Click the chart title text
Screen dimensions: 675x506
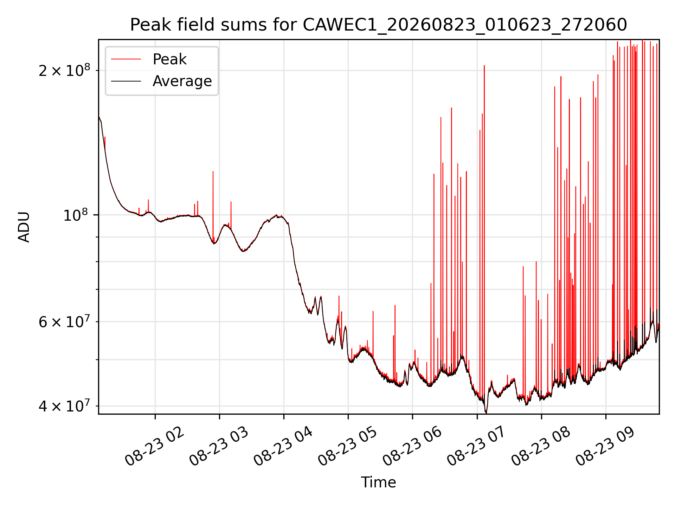pyautogui.click(x=379, y=25)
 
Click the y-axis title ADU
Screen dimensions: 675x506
pyautogui.click(x=24, y=227)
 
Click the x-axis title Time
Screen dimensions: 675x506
pyautogui.click(x=379, y=482)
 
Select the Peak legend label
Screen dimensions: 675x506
pyautogui.click(x=169, y=59)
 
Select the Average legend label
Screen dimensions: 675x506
pyautogui.click(x=182, y=81)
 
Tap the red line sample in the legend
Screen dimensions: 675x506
pyautogui.click(x=126, y=59)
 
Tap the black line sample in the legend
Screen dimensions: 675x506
pyautogui.click(x=126, y=81)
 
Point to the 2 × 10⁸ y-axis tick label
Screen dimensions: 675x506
pyautogui.click(x=64, y=71)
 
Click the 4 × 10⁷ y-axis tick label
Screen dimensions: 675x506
pyautogui.click(x=64, y=406)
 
